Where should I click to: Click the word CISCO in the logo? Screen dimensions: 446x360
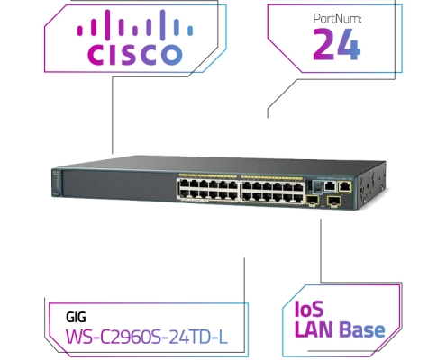(135, 55)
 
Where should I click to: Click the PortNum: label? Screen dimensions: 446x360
(337, 19)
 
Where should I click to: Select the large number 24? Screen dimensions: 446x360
(336, 44)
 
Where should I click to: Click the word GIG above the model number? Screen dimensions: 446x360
(76, 317)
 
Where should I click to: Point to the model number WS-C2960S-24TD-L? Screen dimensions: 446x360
(147, 337)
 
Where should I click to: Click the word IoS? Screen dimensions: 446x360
(309, 309)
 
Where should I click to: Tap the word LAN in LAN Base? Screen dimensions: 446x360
(314, 329)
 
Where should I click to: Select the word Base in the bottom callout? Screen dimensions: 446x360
(362, 329)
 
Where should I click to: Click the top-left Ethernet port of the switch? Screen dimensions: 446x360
(184, 184)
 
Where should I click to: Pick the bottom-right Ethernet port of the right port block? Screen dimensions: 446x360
(298, 198)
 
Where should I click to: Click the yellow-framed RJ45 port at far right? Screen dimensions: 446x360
(344, 187)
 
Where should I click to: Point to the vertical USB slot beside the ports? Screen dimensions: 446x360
(309, 185)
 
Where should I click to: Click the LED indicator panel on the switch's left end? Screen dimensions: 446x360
(56, 183)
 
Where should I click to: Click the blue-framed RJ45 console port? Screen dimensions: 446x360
(330, 186)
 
